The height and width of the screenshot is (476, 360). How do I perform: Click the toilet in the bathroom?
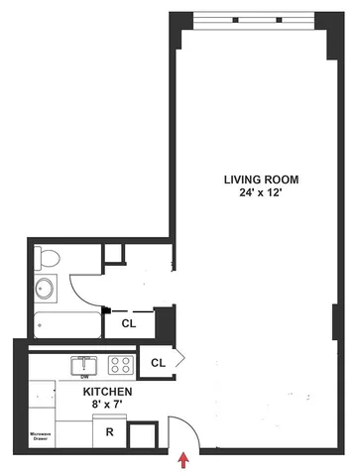[47, 260]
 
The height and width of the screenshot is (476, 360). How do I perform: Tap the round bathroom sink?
[47, 290]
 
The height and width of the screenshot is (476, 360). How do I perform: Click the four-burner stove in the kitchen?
[120, 364]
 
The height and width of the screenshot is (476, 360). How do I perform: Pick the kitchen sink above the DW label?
[82, 363]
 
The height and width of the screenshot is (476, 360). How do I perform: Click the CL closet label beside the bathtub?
[129, 323]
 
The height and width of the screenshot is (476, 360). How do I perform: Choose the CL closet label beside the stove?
[157, 364]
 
